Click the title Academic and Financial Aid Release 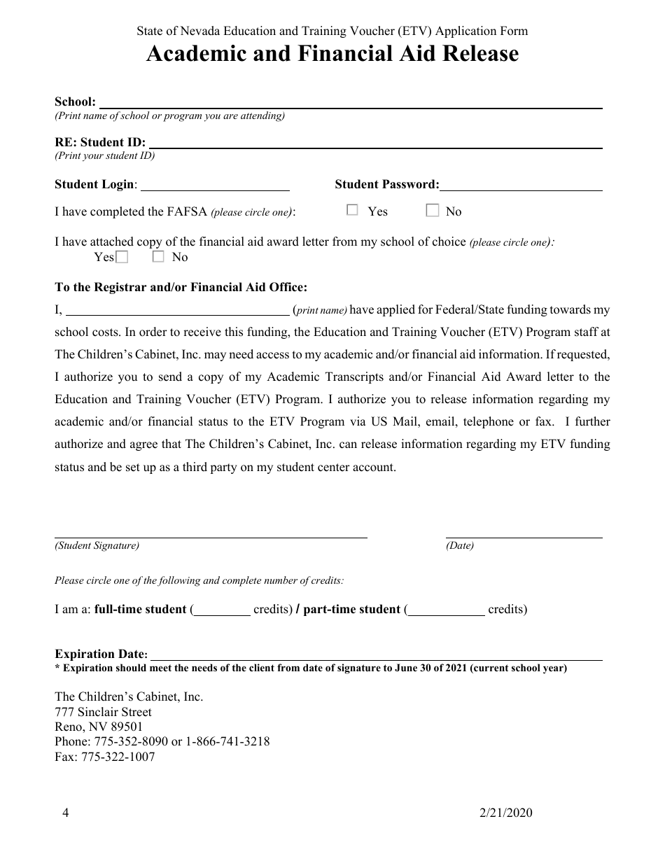coord(332,54)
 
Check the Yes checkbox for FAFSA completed coord(353,210)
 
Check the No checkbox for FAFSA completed coord(433,210)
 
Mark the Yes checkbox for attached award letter coord(122,257)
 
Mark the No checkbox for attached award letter coord(158,257)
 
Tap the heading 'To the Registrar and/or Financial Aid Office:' coord(181,287)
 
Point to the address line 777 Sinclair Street coord(103,712)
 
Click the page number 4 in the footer coord(65,813)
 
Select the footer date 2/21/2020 coord(506,813)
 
